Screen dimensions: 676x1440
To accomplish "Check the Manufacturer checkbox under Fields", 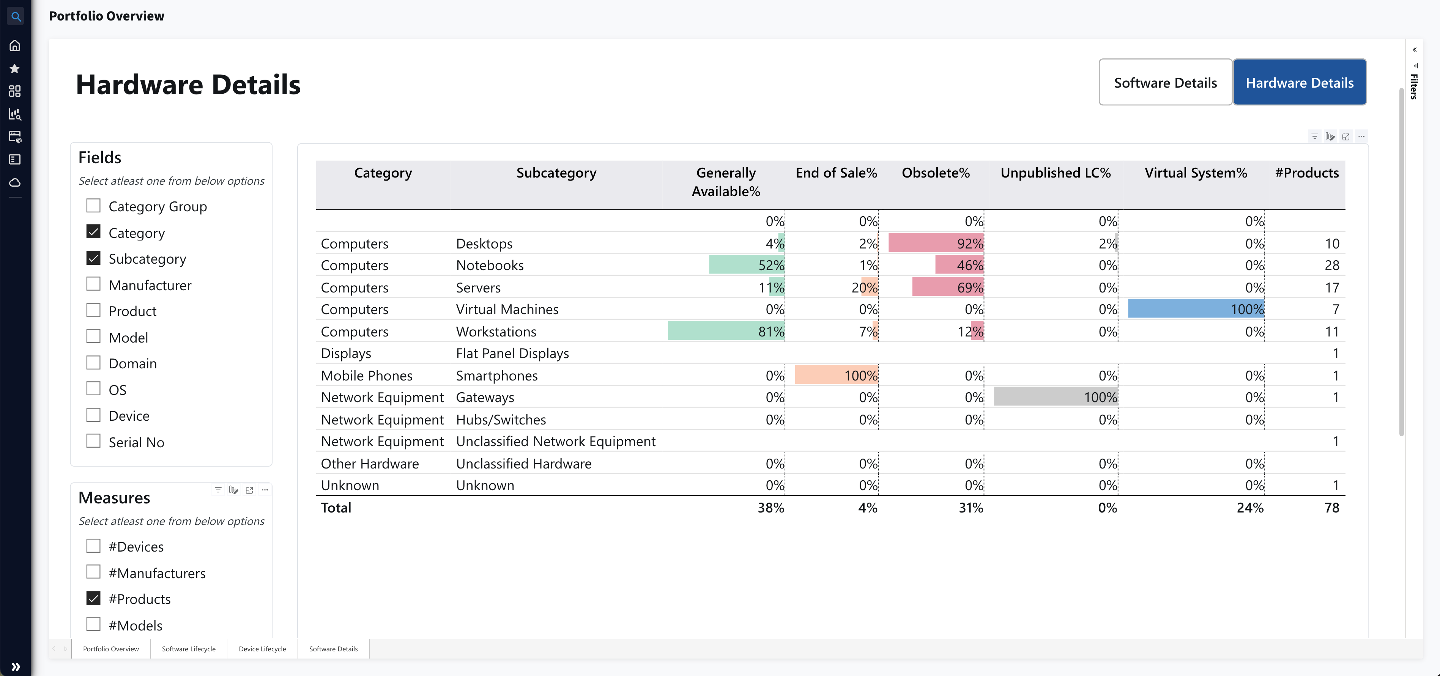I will (x=93, y=285).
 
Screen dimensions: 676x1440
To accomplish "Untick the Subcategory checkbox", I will (x=93, y=258).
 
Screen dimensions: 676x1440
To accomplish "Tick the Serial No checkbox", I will (x=93, y=441).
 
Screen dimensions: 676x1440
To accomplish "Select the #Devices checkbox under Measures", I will (x=93, y=546).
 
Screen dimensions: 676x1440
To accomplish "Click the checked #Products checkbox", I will (x=93, y=598).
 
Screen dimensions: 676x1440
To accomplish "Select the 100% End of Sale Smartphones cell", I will (x=836, y=376).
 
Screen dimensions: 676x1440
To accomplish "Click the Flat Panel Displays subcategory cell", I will (x=512, y=354).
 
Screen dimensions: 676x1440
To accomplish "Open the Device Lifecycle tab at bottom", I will (x=262, y=649).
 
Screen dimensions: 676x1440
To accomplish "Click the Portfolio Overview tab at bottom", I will (x=111, y=649).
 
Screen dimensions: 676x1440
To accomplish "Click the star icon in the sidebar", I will (x=15, y=69).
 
